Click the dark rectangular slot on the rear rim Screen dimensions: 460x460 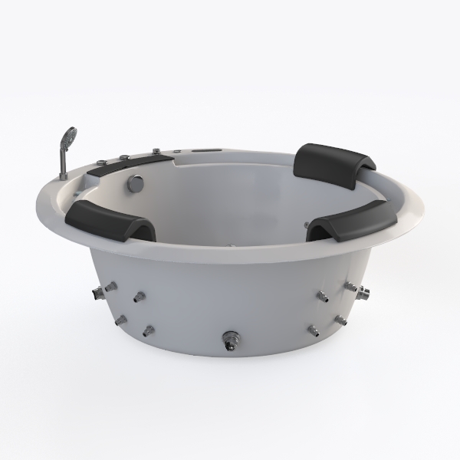point(207,153)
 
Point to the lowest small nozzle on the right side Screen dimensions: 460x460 point(314,330)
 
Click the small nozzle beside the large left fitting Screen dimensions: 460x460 point(139,296)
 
